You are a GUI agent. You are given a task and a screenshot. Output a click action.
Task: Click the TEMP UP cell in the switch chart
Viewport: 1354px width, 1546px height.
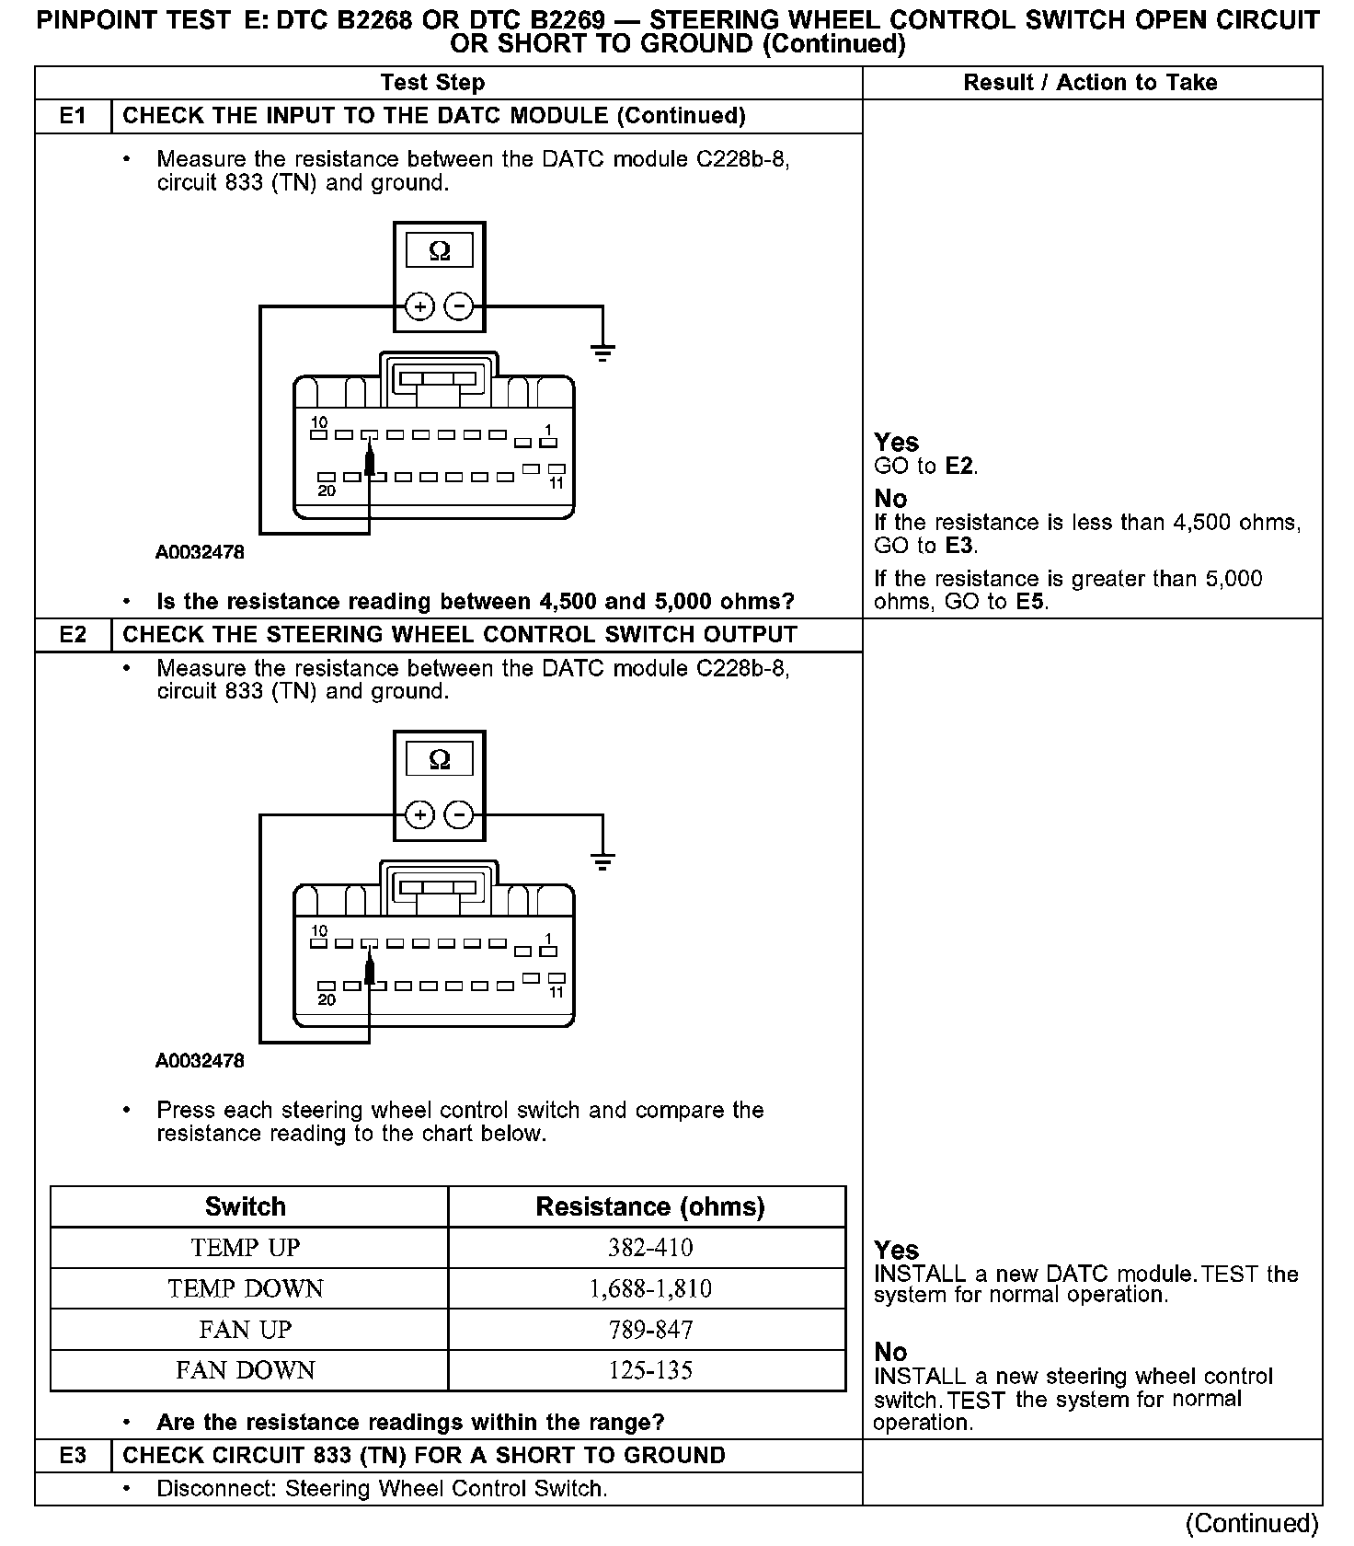246,1248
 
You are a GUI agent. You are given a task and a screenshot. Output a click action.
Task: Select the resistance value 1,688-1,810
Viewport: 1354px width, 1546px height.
649,1288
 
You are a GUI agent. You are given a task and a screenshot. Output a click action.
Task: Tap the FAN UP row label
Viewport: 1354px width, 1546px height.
246,1330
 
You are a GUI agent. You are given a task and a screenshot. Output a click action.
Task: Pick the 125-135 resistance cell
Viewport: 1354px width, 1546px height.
649,1370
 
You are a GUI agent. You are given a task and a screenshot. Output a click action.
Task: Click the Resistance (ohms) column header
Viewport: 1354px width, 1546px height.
649,1206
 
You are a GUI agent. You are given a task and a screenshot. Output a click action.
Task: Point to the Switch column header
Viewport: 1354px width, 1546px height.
246,1206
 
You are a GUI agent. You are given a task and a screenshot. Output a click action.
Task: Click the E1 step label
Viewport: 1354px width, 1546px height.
73,116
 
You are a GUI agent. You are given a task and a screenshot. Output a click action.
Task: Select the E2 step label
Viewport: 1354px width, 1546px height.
73,635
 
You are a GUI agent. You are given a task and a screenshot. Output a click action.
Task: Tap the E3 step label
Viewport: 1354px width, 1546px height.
73,1455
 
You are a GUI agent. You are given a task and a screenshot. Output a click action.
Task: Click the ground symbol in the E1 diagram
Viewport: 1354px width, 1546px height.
602,352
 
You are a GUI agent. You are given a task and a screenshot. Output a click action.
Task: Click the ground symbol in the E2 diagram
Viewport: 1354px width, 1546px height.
602,861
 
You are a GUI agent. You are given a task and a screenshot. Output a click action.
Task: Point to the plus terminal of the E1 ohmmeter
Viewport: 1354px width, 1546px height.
419,306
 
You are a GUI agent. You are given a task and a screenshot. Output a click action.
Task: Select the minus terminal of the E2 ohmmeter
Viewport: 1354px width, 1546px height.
458,815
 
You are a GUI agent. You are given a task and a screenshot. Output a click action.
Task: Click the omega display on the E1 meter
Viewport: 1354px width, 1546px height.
440,250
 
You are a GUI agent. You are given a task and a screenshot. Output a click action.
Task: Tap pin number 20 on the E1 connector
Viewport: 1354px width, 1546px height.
327,491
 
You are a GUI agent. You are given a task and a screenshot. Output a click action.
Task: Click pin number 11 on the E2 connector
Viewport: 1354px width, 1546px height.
556,993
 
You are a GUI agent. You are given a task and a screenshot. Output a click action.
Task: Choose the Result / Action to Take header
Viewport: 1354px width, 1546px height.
1090,83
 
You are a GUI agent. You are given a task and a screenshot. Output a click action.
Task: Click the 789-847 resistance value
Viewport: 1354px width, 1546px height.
649,1330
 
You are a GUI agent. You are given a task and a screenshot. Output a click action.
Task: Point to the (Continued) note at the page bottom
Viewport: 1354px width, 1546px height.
1252,1524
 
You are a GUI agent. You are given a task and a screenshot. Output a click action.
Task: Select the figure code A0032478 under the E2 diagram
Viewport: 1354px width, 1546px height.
200,1061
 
